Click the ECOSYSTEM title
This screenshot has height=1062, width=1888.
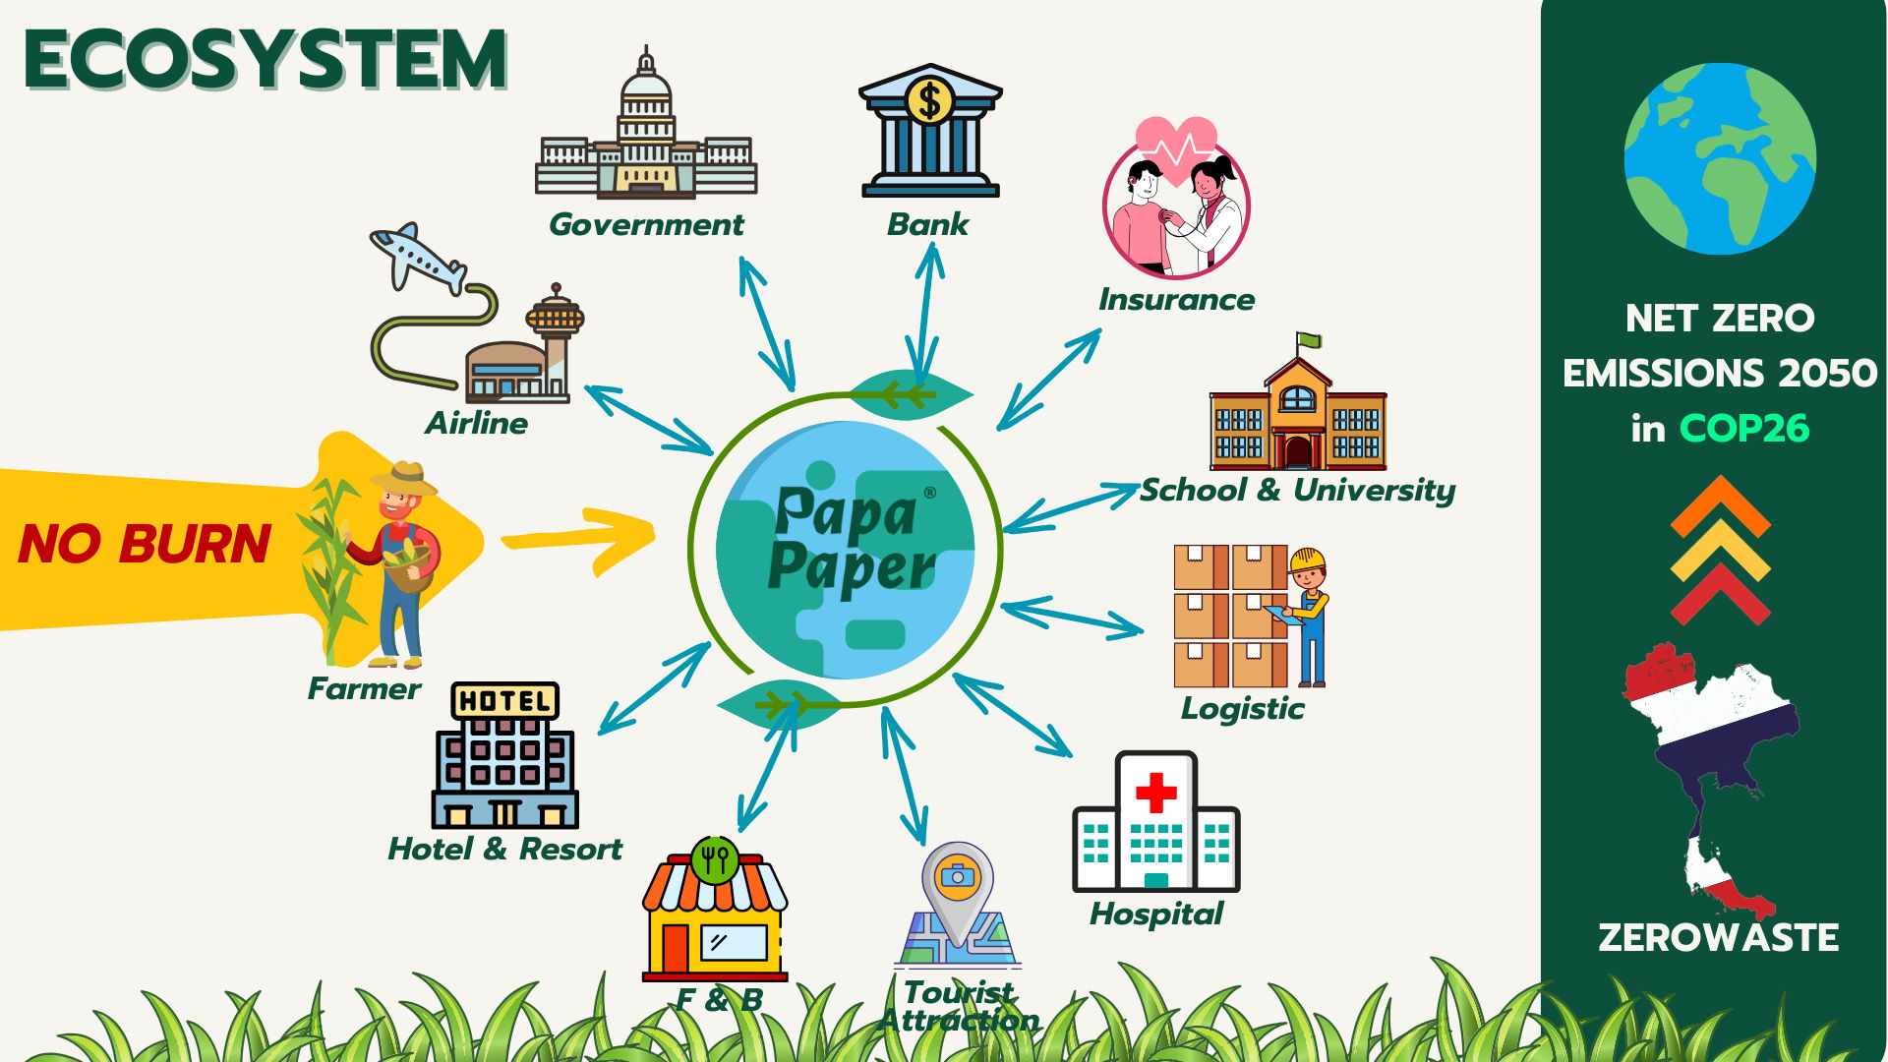[265, 60]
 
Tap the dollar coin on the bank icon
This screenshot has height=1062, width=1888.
[929, 100]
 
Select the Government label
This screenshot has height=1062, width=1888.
[646, 225]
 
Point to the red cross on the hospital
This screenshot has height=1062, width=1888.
[1155, 792]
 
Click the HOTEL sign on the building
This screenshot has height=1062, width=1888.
[504, 701]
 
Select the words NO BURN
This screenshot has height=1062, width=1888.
[145, 544]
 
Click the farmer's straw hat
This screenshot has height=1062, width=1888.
[404, 478]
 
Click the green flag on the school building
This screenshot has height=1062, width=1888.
[1309, 341]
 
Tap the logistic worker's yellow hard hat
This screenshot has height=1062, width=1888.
[1308, 560]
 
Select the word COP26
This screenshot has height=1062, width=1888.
[1744, 429]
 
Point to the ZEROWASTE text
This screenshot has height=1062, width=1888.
[1718, 937]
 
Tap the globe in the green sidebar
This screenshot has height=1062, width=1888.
[1720, 158]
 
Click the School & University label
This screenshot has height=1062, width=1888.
[1297, 490]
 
